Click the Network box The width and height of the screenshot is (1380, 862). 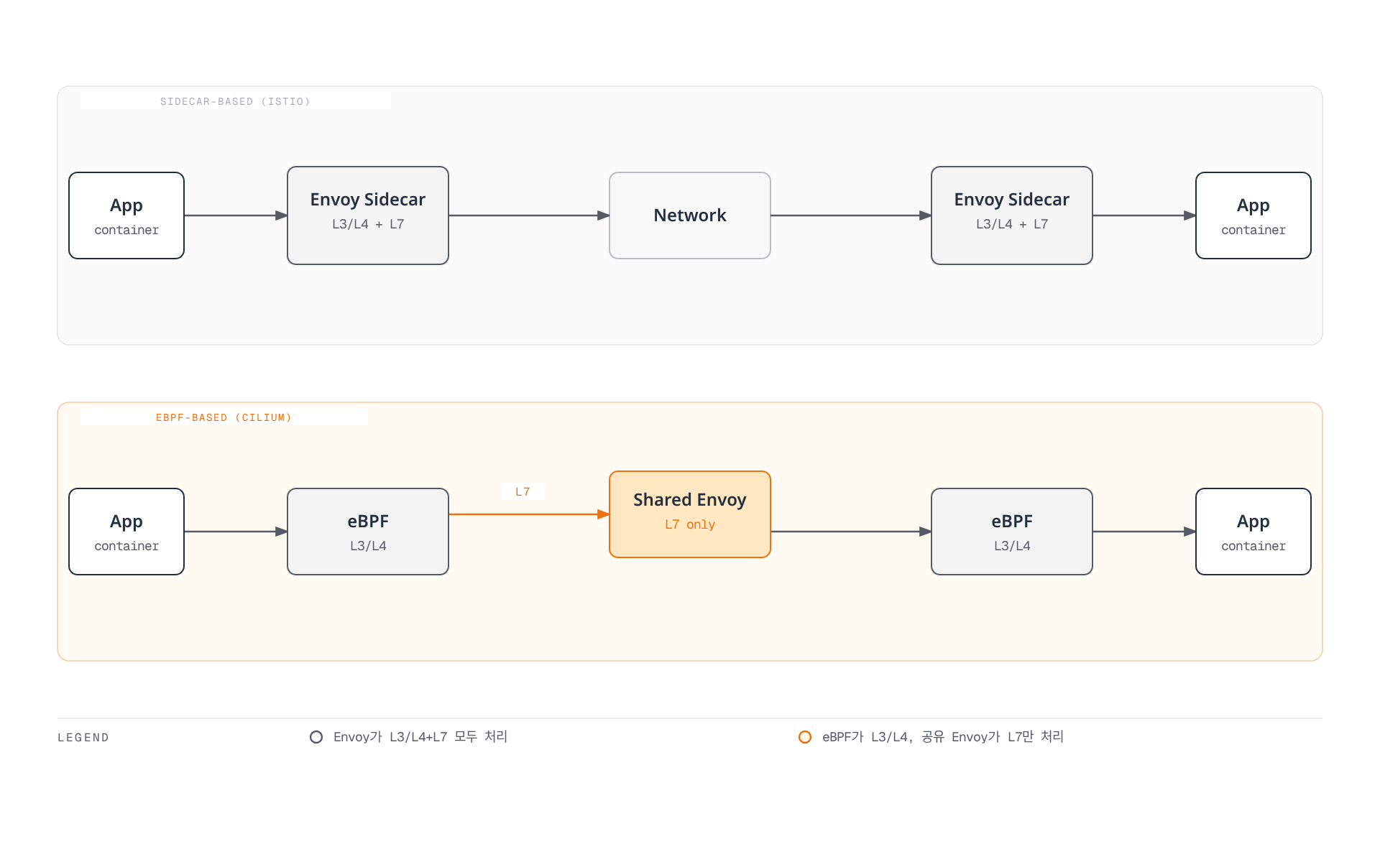coord(690,215)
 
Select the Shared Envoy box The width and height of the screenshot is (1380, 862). coord(690,514)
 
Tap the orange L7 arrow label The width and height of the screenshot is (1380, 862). coord(523,492)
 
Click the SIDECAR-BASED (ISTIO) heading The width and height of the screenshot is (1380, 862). coord(235,101)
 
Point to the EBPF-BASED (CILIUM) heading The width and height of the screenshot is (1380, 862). coord(224,417)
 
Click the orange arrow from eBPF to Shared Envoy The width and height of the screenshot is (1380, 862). coord(529,514)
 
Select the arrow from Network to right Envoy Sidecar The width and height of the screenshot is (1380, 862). coord(851,215)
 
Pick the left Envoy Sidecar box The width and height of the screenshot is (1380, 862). coord(368,215)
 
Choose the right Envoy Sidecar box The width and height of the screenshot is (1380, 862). coord(1012,215)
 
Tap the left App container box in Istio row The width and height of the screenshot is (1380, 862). coord(126,215)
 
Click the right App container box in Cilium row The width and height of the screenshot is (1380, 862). coord(1253,532)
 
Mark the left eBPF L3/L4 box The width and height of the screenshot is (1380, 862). coord(368,532)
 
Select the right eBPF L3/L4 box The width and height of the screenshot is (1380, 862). coord(1012,532)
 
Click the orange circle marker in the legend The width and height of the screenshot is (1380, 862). coord(805,737)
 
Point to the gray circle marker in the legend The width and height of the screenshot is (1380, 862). coord(316,737)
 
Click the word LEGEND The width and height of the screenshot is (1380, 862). coord(83,738)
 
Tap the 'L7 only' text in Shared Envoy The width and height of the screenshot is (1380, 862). coord(690,524)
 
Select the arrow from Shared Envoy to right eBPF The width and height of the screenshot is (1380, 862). coord(851,532)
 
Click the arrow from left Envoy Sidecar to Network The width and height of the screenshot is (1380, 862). coord(529,215)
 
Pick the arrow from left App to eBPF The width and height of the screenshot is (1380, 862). coord(236,532)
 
